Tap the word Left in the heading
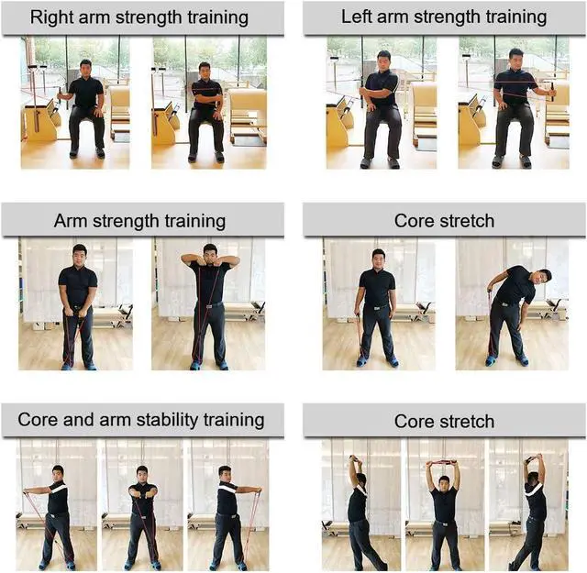(357, 17)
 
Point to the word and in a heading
(79, 420)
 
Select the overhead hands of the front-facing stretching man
(443, 462)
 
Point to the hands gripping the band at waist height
(77, 312)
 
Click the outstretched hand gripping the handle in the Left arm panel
(552, 92)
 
